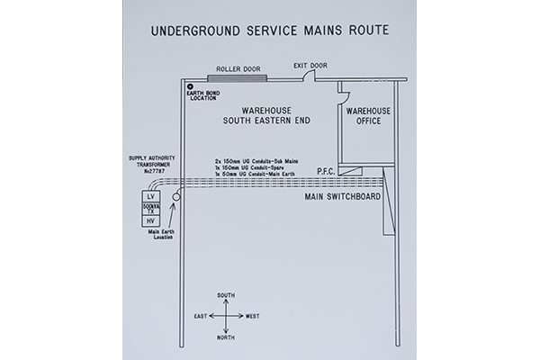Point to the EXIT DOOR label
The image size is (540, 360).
[x=310, y=66]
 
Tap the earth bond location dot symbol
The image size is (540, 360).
[x=191, y=86]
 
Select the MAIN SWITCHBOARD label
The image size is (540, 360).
[x=340, y=195]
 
